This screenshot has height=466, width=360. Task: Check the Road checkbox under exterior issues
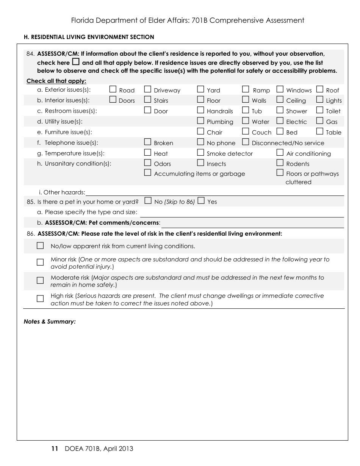pos(113,89)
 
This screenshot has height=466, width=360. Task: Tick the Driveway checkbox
pos(148,89)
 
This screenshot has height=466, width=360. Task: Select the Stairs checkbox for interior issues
pos(148,100)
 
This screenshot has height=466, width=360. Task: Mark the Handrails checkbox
pos(200,110)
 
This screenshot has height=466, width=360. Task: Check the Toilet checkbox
pos(320,110)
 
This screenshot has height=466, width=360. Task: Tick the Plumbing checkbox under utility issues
pos(200,121)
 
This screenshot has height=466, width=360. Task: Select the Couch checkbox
pos(246,131)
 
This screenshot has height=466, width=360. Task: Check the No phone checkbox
pos(200,142)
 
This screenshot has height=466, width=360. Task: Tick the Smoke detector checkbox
pos(200,153)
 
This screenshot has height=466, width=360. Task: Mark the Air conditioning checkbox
pos(280,153)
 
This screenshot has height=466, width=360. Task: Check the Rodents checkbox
pos(280,163)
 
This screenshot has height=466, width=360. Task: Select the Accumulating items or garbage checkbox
pos(148,173)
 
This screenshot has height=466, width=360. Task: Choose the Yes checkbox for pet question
pos(201,201)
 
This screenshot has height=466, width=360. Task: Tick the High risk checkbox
pos(40,299)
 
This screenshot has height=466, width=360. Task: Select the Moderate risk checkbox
pos(40,280)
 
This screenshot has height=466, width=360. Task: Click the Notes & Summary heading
pos(50,322)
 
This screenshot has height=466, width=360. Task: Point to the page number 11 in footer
pos(54,449)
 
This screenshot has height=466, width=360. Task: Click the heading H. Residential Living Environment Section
pos(89,37)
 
